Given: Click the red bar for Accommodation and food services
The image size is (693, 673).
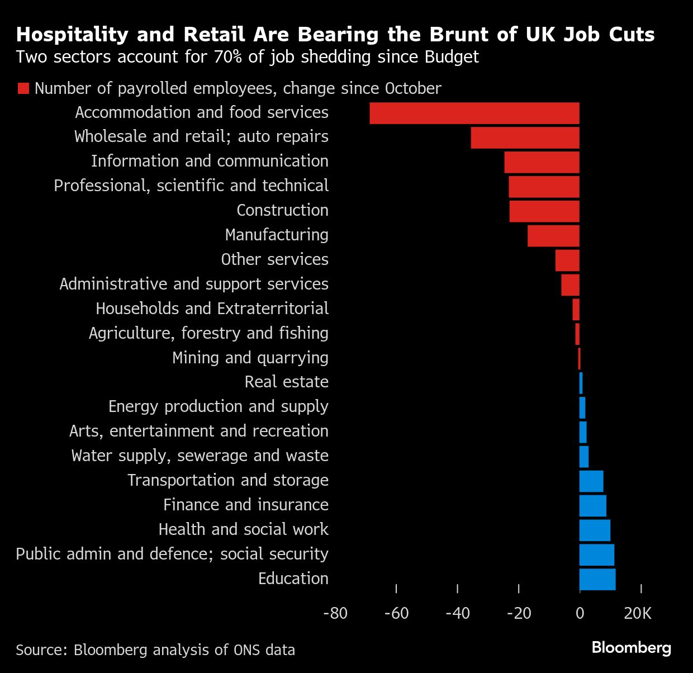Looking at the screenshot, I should [x=474, y=113].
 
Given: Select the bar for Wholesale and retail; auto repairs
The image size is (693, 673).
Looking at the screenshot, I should [x=525, y=138].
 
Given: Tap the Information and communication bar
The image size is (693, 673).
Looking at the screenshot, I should [x=542, y=162].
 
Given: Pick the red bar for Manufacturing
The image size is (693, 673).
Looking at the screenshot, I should [x=553, y=236].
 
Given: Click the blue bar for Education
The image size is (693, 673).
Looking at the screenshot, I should [x=597, y=579].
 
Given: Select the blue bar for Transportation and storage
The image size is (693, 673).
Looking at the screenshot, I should [x=591, y=481].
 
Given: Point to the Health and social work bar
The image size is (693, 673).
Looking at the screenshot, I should [x=595, y=530].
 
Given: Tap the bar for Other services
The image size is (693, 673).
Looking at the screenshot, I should [x=567, y=260].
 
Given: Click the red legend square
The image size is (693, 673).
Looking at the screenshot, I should [x=23, y=88].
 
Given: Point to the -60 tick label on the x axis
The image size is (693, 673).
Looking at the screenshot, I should [x=396, y=613].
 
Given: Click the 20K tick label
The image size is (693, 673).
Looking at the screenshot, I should [x=638, y=613].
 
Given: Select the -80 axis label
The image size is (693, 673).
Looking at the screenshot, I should [x=335, y=613].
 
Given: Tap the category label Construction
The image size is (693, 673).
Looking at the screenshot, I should [x=282, y=210].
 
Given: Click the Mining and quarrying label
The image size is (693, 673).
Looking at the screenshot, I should [x=250, y=358].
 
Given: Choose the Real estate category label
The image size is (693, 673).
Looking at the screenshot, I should [x=286, y=382].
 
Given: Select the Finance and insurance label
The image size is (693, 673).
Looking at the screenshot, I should [x=245, y=505].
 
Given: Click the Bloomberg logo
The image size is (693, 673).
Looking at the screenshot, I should [x=632, y=648].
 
